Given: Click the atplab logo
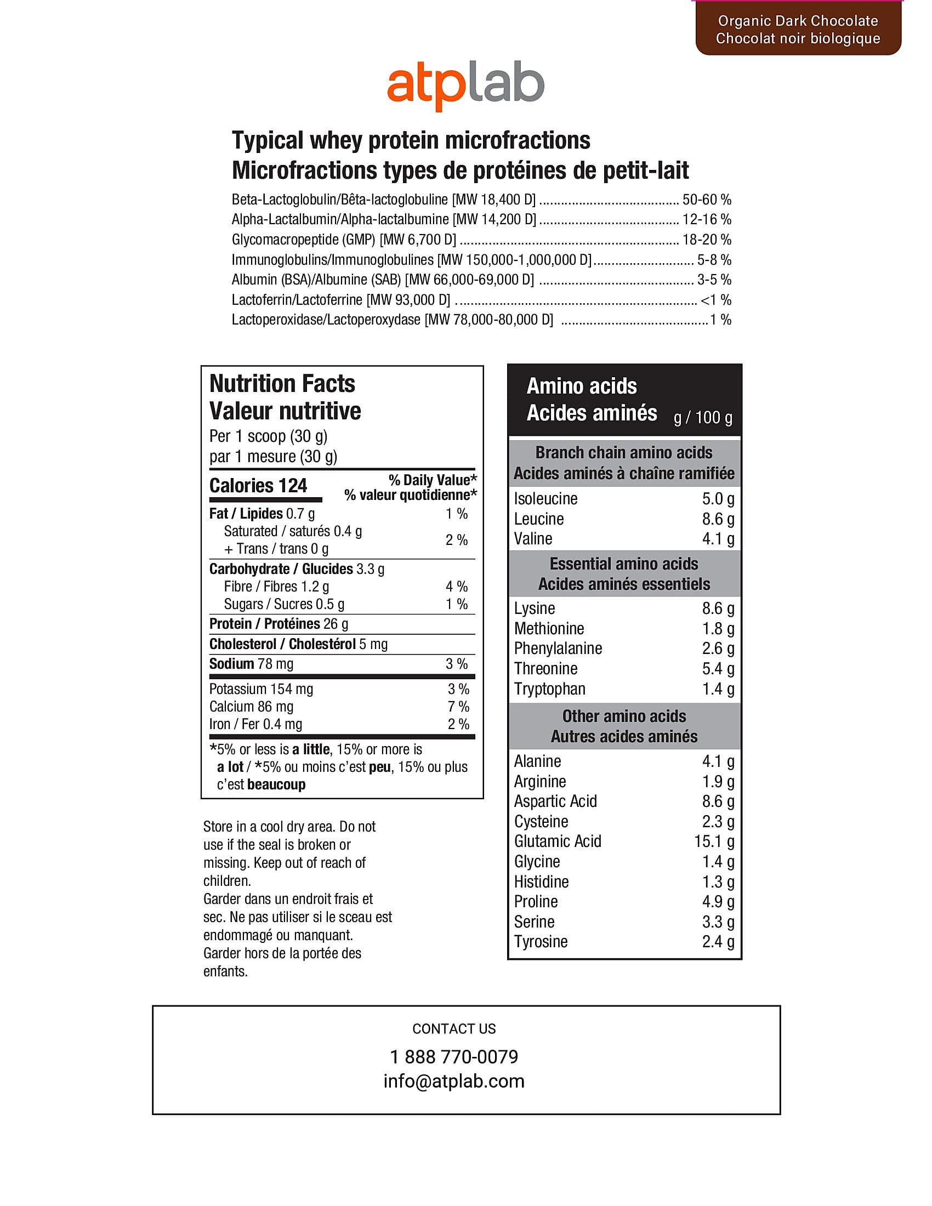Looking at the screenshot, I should tap(465, 87).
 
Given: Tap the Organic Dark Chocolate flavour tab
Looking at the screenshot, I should tap(798, 29).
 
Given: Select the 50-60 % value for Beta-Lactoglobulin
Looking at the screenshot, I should tap(707, 200).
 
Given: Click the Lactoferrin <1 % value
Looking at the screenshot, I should tap(715, 300).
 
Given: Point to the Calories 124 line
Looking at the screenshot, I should tap(258, 485).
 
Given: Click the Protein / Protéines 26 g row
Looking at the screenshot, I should tap(279, 624).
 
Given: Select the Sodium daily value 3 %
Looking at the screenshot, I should tap(457, 664).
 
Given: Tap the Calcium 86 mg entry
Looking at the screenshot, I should tap(251, 706).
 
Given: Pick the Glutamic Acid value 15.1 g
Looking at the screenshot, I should tap(714, 841).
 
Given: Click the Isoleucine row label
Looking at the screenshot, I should tap(545, 499).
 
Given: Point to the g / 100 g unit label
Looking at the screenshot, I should tap(703, 418).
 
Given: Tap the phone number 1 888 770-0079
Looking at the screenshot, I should tap(454, 1056).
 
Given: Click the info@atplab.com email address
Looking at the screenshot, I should tap(454, 1080).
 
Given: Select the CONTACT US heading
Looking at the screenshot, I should tap(454, 1029).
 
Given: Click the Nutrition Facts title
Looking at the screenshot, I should tap(282, 384).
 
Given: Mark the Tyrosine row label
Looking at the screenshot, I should tap(541, 941).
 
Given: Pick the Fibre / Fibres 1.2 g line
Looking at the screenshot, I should tap(276, 587).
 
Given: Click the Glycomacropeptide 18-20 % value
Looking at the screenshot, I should tap(707, 240).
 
